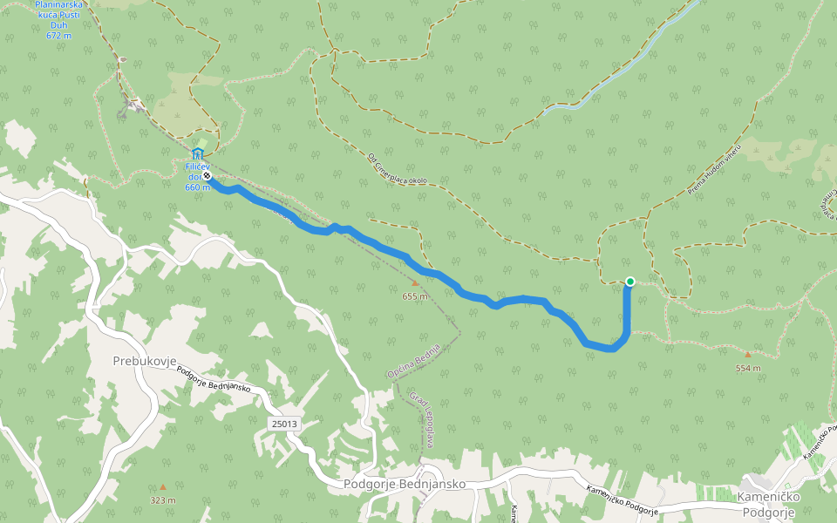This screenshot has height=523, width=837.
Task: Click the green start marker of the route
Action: coord(629,281)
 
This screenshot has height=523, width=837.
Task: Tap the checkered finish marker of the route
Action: coord(207,175)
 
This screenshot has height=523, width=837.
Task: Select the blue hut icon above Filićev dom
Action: coord(196,154)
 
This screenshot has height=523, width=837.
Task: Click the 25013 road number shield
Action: coord(283,424)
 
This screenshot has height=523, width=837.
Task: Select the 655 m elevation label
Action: coord(415,296)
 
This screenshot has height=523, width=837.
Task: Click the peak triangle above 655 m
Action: coord(415,283)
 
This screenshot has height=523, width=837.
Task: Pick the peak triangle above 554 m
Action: coord(747,355)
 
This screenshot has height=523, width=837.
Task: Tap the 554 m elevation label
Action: coord(748,368)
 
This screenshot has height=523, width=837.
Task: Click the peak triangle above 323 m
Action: coord(162,487)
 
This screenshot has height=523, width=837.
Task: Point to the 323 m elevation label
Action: coord(162,500)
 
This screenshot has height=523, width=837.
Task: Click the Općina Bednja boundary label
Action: coord(413,361)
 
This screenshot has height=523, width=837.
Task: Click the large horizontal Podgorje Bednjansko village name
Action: coord(405,484)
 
